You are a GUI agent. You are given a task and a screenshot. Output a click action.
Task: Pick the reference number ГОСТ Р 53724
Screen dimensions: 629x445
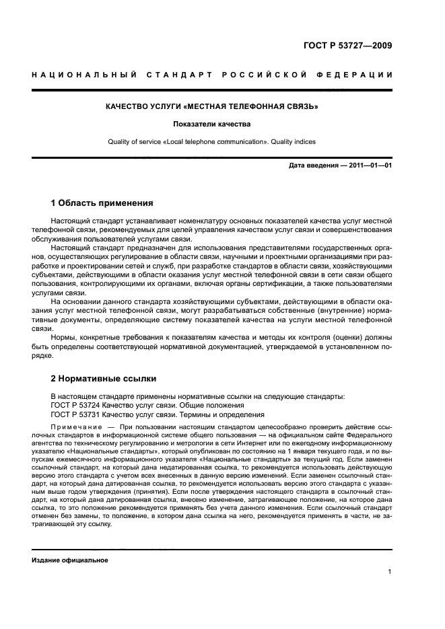pyautogui.click(x=74, y=406)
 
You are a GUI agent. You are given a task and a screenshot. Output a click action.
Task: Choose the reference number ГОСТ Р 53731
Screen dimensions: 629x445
pyautogui.click(x=74, y=415)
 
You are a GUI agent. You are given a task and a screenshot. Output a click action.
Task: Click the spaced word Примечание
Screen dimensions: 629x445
pyautogui.click(x=76, y=428)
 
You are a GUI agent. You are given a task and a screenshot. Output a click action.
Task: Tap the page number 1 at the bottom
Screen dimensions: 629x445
pyautogui.click(x=390, y=572)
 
